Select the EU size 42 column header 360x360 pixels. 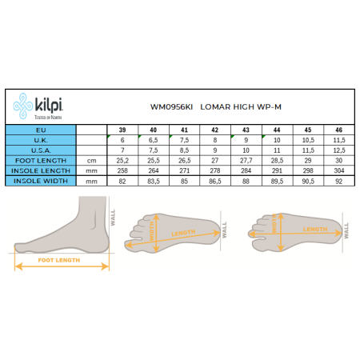pos(215,130)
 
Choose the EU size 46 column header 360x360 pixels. pos(340,130)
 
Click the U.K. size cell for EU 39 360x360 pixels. pos(122,140)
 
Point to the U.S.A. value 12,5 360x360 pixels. pos(340,150)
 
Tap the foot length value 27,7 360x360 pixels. pos(246,161)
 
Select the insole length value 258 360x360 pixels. pos(122,171)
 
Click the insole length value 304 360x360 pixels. pos(340,171)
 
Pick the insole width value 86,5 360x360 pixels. pos(215,182)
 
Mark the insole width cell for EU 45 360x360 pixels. pos(309,182)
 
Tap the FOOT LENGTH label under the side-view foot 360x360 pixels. pos(61,260)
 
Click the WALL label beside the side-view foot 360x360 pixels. pos(113,218)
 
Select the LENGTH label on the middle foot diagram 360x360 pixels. pos(183,233)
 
